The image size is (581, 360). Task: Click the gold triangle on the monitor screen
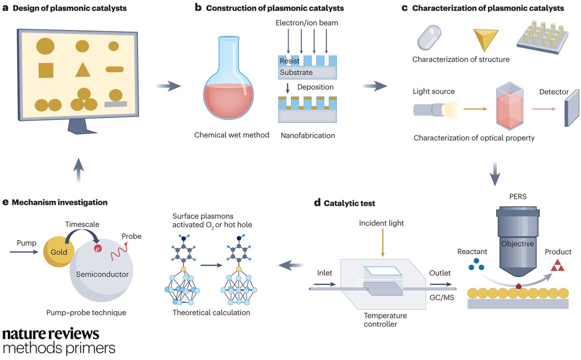[x=83, y=70]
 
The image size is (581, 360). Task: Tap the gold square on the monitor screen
[x=46, y=70]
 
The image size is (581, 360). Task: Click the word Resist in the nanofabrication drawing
[x=290, y=61]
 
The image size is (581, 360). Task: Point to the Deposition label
[x=315, y=87]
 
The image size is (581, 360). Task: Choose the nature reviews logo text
[x=51, y=334]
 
